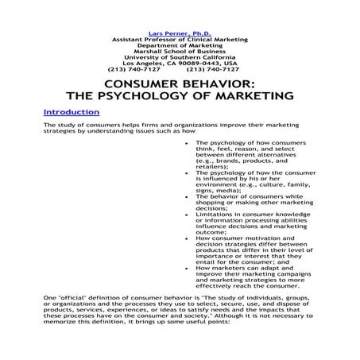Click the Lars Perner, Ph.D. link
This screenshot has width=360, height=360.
(179, 33)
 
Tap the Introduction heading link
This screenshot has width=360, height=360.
(72, 112)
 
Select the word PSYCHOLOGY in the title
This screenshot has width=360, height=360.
(171, 96)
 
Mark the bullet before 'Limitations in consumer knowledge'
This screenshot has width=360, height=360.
(186, 214)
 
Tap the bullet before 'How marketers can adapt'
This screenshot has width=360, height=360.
(186, 269)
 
